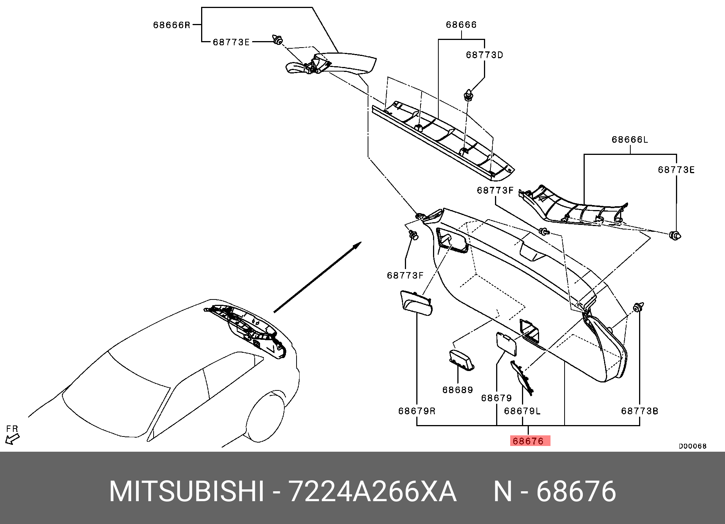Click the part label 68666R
point(171,25)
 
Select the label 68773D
point(484,55)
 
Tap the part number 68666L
point(630,140)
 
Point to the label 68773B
point(640,411)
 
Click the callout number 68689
point(458,390)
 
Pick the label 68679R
point(417,411)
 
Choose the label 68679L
point(522,411)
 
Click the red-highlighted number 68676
point(530,441)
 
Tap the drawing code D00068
point(693,446)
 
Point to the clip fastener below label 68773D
point(469,95)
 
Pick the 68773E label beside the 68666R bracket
point(231,42)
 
